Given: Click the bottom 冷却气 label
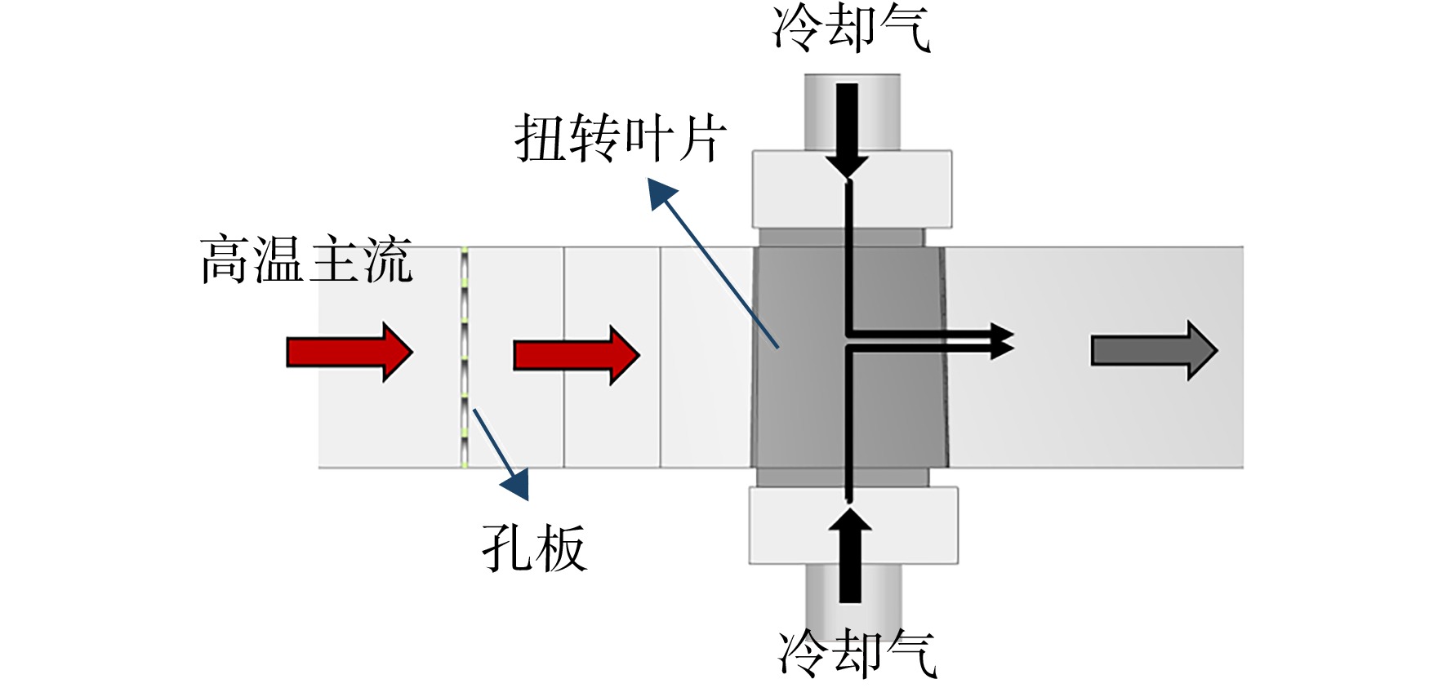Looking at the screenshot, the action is click(x=857, y=653).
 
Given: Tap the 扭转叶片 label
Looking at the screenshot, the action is click(x=621, y=137).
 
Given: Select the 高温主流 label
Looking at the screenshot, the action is click(x=306, y=260).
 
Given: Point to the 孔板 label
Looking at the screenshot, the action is click(x=534, y=548).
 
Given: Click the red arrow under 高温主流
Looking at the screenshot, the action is click(x=350, y=352).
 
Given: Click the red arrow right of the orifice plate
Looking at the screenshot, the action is click(x=577, y=355).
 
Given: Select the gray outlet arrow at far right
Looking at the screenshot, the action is click(x=1155, y=351).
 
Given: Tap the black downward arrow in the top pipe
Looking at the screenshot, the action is click(x=848, y=131).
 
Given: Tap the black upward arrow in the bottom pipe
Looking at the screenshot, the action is click(x=850, y=555).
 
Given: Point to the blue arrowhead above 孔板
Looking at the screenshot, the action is click(x=515, y=484).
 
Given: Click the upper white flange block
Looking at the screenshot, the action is click(x=851, y=189).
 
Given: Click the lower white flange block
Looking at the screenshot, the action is click(x=853, y=526).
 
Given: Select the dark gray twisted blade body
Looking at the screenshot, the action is click(x=849, y=357).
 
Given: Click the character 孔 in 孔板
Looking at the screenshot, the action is click(x=507, y=548).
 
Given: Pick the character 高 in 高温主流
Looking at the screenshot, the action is click(x=226, y=260).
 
